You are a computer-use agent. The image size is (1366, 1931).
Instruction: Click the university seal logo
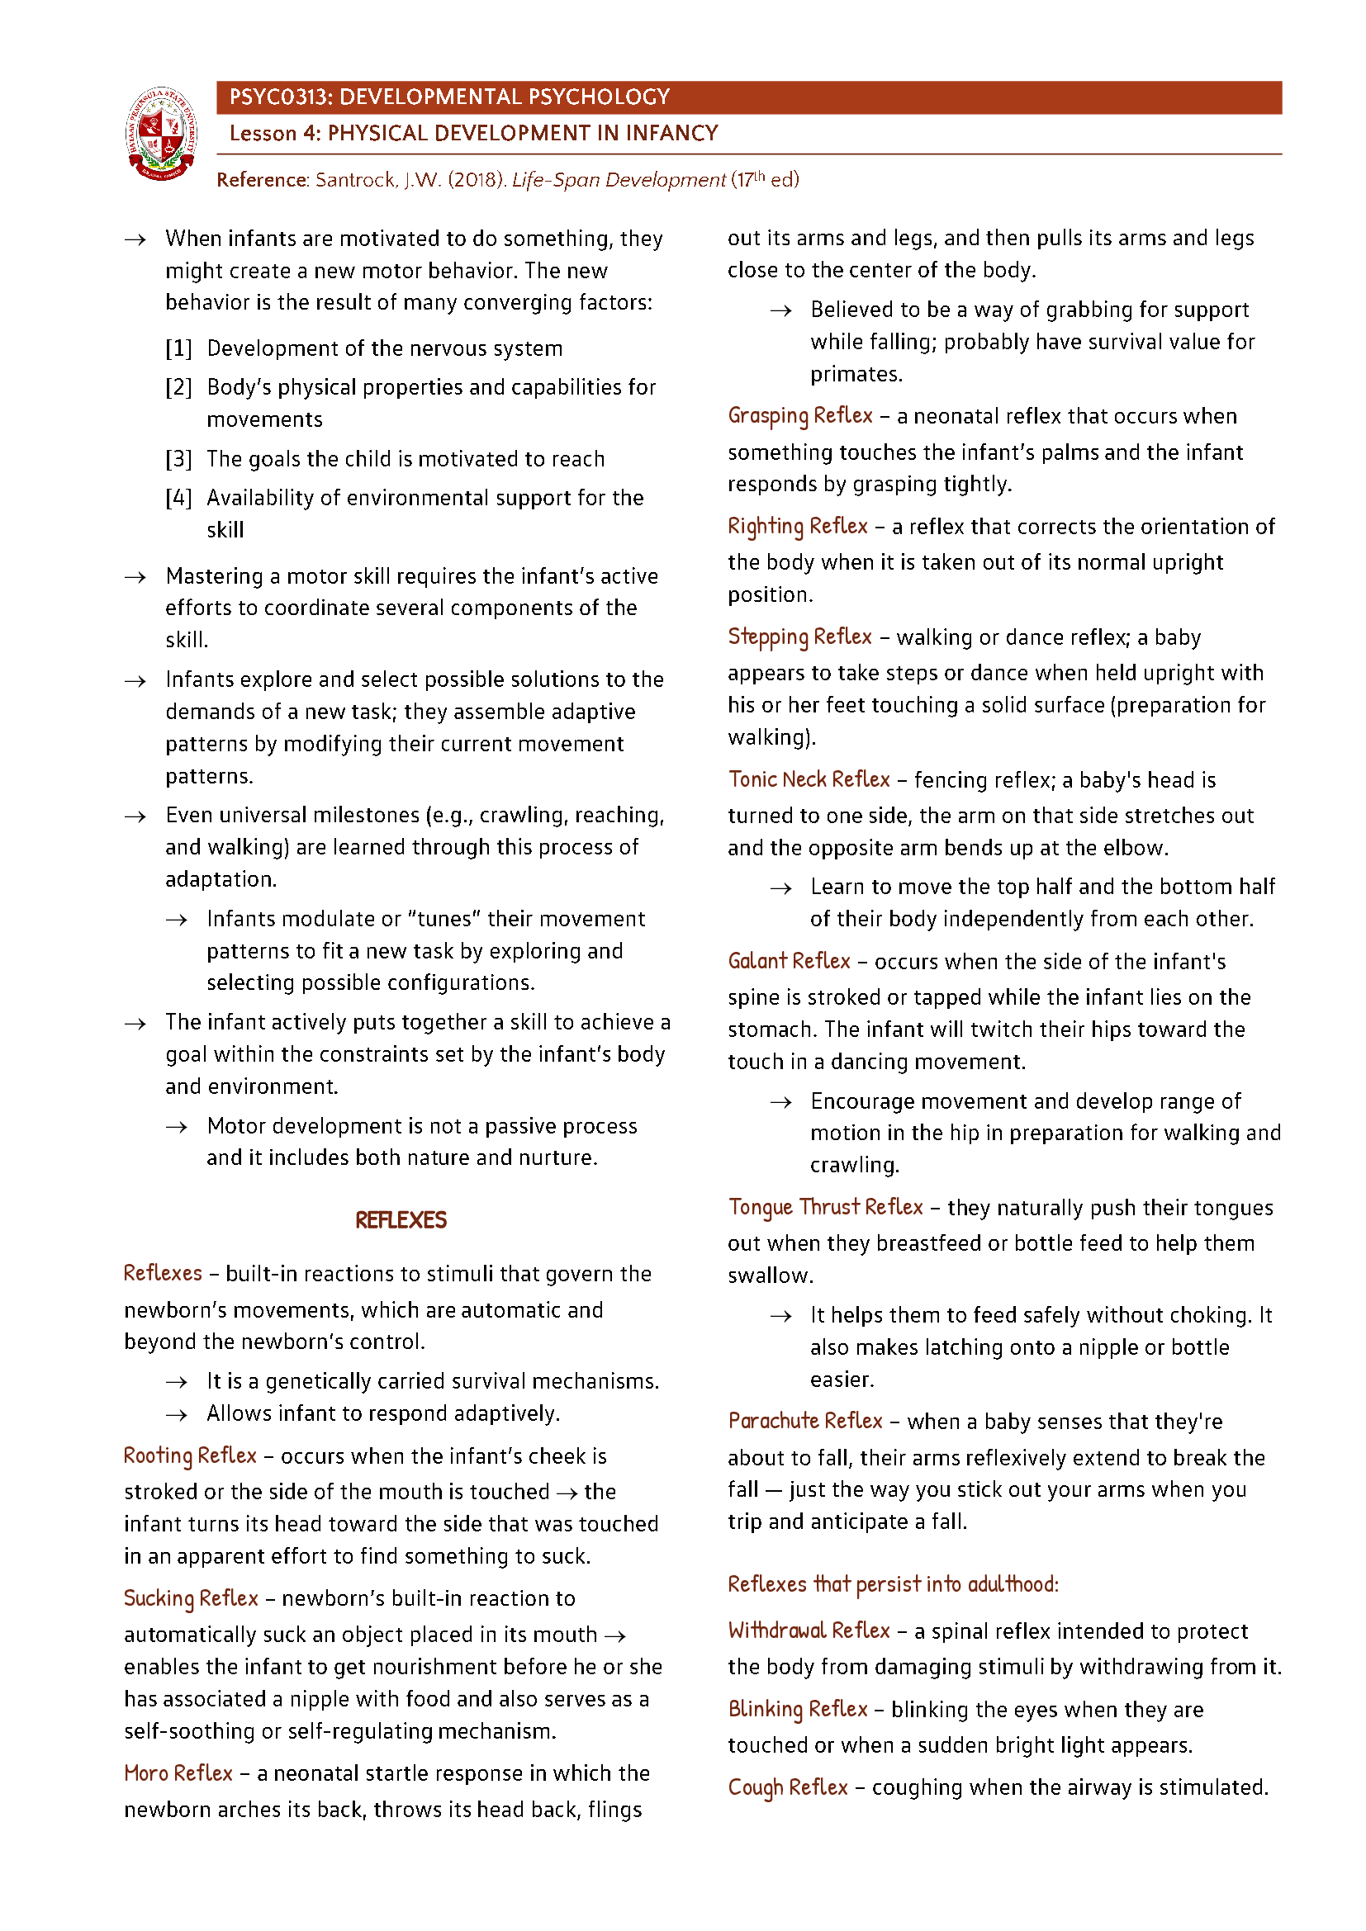162,134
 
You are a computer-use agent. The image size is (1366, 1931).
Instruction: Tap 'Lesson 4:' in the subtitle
274,134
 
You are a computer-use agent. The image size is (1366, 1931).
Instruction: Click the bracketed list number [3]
178,459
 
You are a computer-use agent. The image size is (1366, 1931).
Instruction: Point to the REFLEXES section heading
401,1220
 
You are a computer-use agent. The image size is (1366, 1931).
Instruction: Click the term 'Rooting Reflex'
190,1455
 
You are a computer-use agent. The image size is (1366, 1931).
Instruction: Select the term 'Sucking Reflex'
191,1598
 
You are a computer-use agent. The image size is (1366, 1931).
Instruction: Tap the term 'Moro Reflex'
178,1773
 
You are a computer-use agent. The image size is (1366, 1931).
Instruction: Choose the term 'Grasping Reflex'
800,415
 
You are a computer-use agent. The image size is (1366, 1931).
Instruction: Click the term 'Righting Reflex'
798,527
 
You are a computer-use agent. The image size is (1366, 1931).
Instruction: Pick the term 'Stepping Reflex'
800,637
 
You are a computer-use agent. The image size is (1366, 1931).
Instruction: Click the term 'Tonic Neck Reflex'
809,779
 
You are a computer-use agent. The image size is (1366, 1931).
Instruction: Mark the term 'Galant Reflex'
789,961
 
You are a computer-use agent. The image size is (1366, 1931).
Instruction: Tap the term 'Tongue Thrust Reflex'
825,1207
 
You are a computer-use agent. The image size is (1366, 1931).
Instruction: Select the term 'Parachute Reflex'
805,1422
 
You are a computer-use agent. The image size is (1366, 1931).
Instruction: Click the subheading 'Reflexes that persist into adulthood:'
893,1584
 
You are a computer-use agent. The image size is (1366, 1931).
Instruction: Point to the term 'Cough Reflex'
787,1787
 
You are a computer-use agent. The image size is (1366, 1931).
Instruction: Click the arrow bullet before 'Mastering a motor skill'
135,577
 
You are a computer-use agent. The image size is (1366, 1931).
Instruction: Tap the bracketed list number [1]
178,348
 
